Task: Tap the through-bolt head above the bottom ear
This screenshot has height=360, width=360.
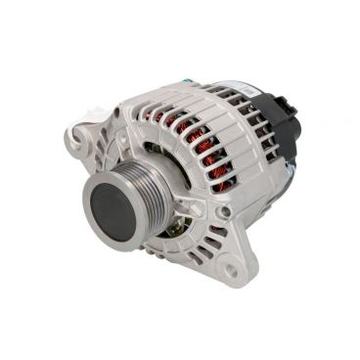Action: [x=224, y=211]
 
